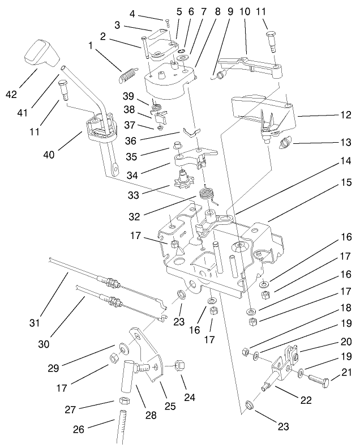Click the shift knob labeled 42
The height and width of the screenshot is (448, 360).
40,54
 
